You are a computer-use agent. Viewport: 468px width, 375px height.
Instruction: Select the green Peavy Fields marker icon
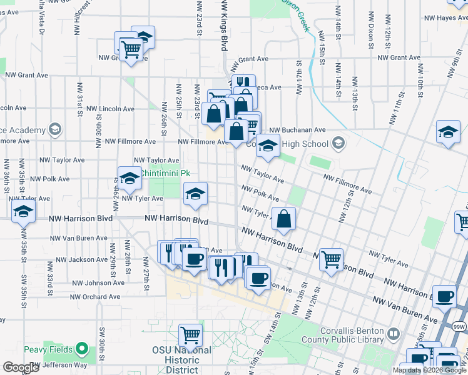click(x=82, y=349)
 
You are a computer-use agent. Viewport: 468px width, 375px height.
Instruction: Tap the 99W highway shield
click(x=459, y=326)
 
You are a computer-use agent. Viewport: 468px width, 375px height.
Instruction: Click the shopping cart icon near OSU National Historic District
click(x=190, y=335)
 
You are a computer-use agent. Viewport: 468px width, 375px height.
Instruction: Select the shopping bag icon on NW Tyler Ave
click(x=283, y=219)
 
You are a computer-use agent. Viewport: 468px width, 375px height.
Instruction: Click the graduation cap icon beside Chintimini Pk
click(x=129, y=177)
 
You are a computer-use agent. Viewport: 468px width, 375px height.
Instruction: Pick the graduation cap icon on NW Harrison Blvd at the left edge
click(x=23, y=212)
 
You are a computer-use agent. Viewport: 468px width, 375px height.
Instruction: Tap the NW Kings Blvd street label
click(x=224, y=25)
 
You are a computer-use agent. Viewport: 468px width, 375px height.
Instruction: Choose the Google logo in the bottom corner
click(x=21, y=367)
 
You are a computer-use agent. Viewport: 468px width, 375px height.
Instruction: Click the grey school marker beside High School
click(x=338, y=144)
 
